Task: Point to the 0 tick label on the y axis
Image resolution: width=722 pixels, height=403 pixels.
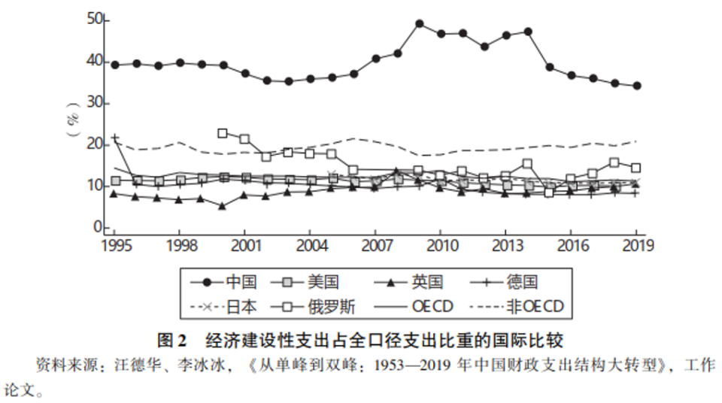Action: tap(97, 226)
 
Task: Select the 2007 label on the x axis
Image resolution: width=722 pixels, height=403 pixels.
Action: tap(375, 245)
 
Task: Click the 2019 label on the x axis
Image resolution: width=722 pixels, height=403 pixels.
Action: tap(636, 245)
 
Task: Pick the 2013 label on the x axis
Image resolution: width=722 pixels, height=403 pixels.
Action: tap(505, 245)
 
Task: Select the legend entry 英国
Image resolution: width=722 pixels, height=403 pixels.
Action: tap(427, 282)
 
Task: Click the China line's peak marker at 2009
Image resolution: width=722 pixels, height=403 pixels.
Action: tap(419, 23)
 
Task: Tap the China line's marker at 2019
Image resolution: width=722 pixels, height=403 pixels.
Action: tap(637, 86)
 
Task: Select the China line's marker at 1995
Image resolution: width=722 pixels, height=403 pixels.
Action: tap(114, 65)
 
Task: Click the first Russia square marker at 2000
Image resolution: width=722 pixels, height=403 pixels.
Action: tap(223, 133)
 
